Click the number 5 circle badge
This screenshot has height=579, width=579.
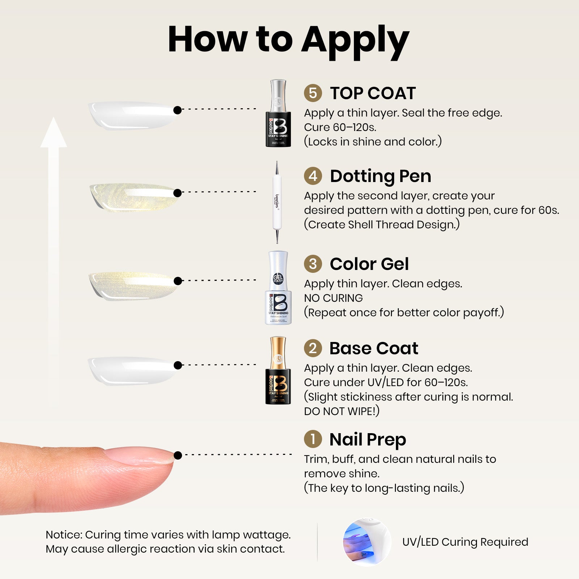[x=313, y=93]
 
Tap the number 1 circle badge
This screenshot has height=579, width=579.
[x=313, y=439]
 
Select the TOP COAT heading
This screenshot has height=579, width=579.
[x=373, y=93]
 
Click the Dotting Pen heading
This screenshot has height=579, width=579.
[x=380, y=177]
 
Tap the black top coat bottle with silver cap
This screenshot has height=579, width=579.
[x=278, y=113]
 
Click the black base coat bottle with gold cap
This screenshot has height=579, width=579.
[x=278, y=371]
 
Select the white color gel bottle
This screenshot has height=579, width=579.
[x=278, y=288]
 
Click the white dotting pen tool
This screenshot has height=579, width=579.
[x=277, y=202]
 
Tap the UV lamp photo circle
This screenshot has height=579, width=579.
[x=367, y=542]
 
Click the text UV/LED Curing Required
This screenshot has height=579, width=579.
[x=465, y=542]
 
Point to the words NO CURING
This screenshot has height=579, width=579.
[x=333, y=298]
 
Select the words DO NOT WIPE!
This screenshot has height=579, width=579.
[x=342, y=411]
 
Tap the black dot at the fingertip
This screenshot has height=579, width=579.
[x=178, y=455]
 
